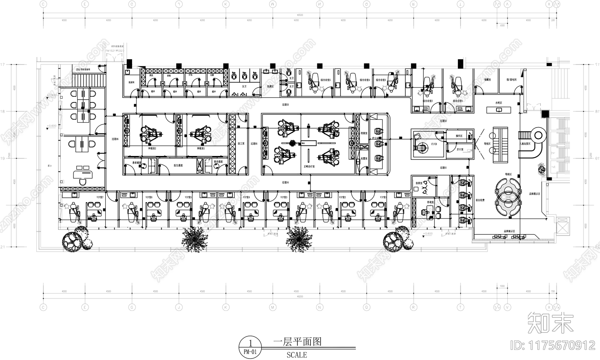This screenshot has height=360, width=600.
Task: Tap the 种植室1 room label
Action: pyautogui.click(x=201, y=148)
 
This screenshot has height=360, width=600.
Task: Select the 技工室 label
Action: pyautogui.click(x=241, y=144)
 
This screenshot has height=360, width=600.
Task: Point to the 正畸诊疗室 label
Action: pyautogui.click(x=309, y=166)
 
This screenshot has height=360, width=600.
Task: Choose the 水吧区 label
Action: pyautogui.click(x=498, y=102)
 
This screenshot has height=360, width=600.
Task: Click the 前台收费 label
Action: pyautogui.click(x=480, y=200)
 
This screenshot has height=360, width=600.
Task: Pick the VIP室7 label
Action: pyautogui.click(x=100, y=197)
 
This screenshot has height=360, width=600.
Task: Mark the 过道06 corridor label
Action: pyautogui.click(x=115, y=139)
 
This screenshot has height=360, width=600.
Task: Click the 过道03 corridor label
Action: pyautogui.click(x=286, y=105)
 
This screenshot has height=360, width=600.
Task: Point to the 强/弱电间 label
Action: pyautogui.click(x=511, y=80)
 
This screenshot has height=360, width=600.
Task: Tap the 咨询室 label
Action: pyautogui.click(x=430, y=202)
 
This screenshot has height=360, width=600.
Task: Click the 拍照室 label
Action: pyautogui.click(x=419, y=183)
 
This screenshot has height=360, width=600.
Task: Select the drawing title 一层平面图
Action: pyautogui.click(x=297, y=342)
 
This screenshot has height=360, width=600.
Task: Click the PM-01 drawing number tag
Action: pyautogui.click(x=250, y=352)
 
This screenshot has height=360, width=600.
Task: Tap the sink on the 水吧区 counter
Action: pyautogui.click(x=499, y=110)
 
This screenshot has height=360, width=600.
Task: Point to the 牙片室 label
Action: pyautogui.click(x=460, y=149)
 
